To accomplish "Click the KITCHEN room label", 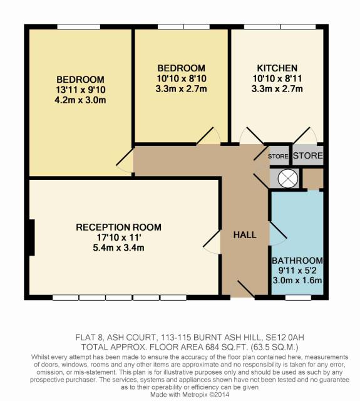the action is tap(277, 68).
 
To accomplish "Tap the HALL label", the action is tap(245, 235).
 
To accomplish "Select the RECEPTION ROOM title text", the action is tap(118, 227).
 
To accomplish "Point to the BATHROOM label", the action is tap(297, 261).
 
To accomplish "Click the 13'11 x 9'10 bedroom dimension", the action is tap(81, 90).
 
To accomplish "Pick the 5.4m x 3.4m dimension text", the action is tap(118, 248).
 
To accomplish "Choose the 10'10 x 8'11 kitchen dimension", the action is tap(277, 78).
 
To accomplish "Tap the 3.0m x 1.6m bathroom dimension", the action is tap(297, 280).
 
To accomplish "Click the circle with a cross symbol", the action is tap(288, 178).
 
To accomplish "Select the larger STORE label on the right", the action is tap(308, 155).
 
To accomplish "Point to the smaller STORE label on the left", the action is tap(278, 156).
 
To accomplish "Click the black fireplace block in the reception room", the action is tap(32, 237).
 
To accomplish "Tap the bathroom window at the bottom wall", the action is tap(298, 298).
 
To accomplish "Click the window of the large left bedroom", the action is tap(79, 27).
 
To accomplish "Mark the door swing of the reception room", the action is tap(212, 242).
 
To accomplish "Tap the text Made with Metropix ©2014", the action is tap(190, 395).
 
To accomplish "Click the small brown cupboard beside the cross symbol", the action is tap(313, 179).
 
